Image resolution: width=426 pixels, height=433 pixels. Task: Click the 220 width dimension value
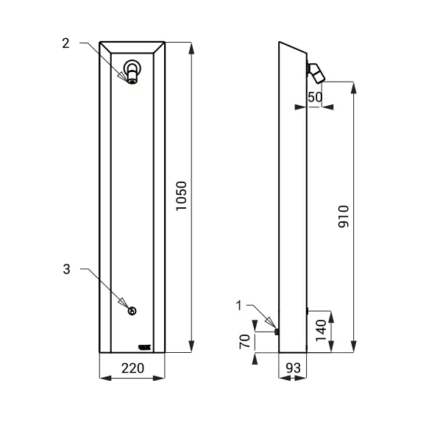point(132,368)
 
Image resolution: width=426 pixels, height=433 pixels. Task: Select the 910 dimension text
point(343,216)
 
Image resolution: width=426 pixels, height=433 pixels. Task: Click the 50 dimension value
point(315,97)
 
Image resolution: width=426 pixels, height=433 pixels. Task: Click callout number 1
point(240,304)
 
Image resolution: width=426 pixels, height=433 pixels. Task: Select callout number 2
point(65,43)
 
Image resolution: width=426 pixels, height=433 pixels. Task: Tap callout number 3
point(65,270)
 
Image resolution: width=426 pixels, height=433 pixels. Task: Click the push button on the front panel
point(132,311)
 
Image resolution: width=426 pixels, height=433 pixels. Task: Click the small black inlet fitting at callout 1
point(276,332)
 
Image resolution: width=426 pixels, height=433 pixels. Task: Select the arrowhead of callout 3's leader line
point(126,306)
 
